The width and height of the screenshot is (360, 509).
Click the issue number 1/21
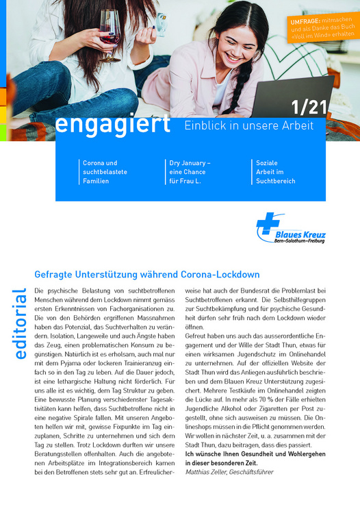click(306, 108)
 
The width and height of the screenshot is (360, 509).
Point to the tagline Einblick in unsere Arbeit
click(248, 125)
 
